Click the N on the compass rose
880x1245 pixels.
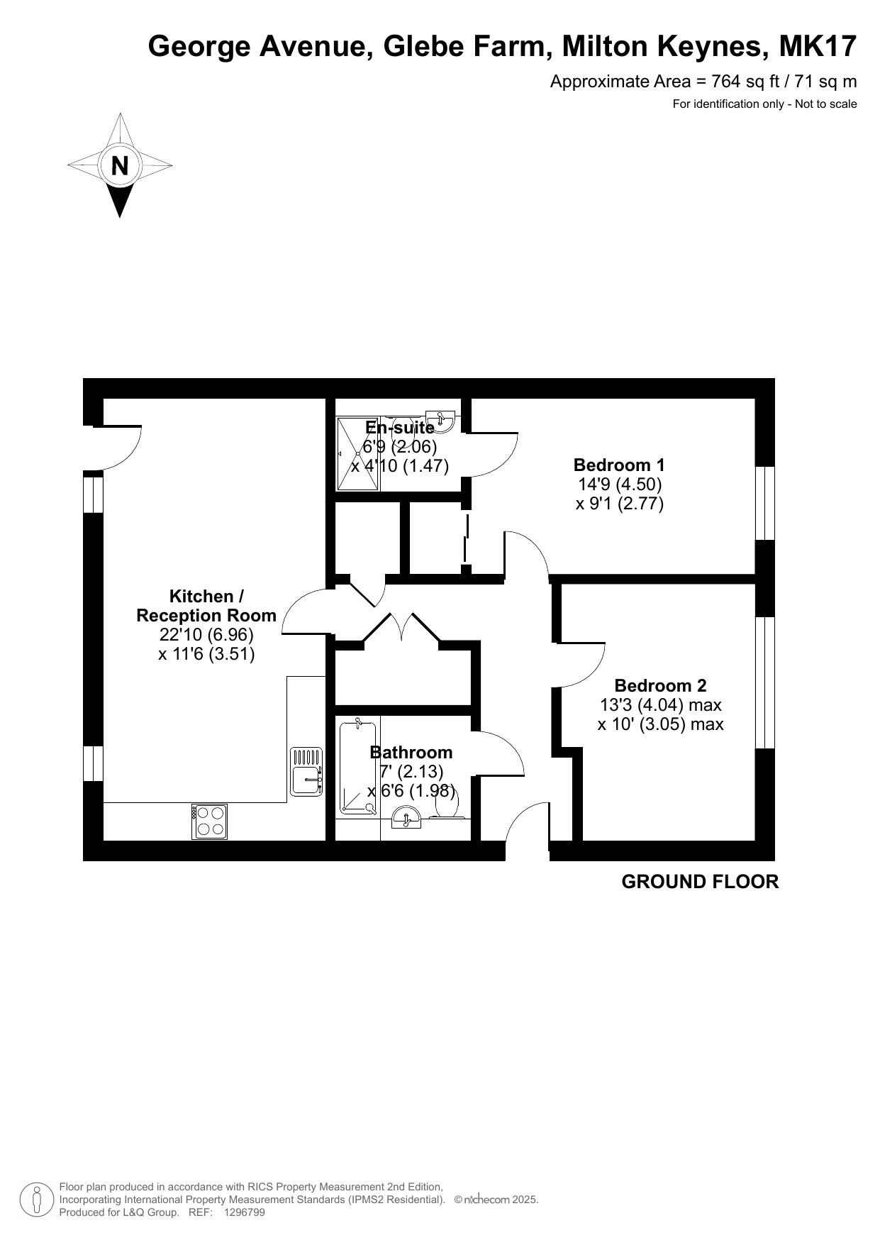click(120, 166)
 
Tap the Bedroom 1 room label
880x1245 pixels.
click(619, 465)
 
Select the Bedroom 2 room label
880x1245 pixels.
click(660, 686)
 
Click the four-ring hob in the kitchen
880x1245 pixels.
click(210, 821)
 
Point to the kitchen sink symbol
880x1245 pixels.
click(306, 771)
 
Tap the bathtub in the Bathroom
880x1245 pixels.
click(358, 765)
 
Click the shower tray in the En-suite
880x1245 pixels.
click(359, 453)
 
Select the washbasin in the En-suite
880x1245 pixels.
click(442, 419)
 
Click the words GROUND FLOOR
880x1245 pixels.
click(700, 882)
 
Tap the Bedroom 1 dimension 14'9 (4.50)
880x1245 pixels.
click(619, 485)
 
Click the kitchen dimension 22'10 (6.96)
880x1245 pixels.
click(206, 635)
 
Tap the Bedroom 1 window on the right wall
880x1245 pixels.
click(765, 503)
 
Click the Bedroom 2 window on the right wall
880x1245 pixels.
click(765, 682)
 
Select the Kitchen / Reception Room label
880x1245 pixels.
click(206, 606)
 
